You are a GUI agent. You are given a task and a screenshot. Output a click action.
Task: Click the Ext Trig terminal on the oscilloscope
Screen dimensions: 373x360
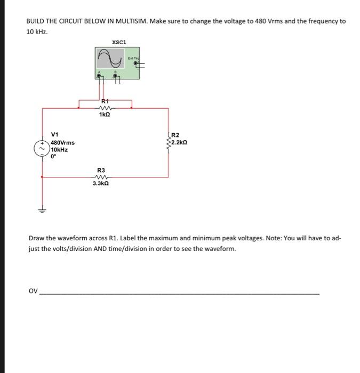point(137,63)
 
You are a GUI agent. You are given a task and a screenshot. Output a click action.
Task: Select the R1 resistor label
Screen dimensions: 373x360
point(105,101)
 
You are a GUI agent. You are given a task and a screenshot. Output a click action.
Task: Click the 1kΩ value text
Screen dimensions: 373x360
point(105,115)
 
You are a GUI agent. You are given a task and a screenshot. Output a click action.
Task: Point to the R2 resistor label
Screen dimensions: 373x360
point(176,135)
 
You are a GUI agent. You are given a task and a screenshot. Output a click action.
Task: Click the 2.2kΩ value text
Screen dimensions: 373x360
point(180,143)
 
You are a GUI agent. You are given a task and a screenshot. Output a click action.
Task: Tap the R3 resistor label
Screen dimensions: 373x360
point(101,170)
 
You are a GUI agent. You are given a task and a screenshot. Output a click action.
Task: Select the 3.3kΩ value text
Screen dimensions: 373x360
point(101,183)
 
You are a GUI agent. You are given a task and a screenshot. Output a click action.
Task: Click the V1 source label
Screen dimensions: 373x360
point(55,135)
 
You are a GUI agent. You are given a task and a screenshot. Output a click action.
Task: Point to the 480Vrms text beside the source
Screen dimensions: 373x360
point(63,142)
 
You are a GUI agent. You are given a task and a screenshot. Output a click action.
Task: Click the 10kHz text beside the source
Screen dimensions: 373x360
point(59,150)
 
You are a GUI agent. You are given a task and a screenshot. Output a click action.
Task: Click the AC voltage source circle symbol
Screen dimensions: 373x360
point(42,149)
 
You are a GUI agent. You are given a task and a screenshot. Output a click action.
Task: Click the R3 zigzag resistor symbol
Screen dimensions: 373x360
point(101,177)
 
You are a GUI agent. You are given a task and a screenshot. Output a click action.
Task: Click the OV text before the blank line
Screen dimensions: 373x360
point(33,291)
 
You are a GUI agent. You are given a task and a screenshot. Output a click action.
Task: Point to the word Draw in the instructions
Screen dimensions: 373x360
point(36,238)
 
